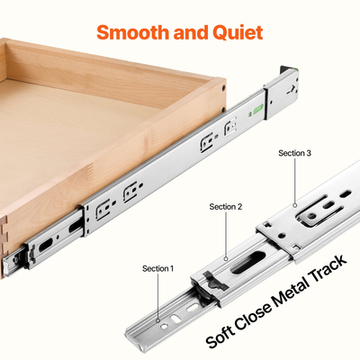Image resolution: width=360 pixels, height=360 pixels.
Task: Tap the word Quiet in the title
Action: click(x=237, y=33)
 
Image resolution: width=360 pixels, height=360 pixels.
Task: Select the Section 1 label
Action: click(x=158, y=268)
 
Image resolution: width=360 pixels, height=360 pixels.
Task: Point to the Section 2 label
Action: click(x=226, y=207)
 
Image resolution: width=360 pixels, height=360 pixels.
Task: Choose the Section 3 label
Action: click(x=295, y=153)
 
